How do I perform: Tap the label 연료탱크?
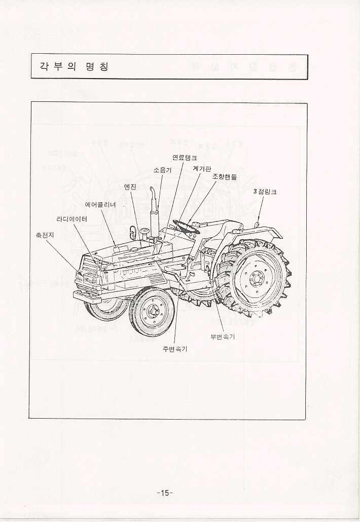tap(185, 158)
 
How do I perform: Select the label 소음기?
tap(162, 170)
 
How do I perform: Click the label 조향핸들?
tap(224, 177)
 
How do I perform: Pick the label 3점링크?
tap(265, 193)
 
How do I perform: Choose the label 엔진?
tap(130, 187)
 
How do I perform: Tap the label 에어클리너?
tap(101, 205)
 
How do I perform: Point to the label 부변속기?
tap(223, 337)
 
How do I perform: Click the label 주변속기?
tap(175, 350)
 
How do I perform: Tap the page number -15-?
tap(165, 493)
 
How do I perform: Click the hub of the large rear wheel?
tap(257, 278)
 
